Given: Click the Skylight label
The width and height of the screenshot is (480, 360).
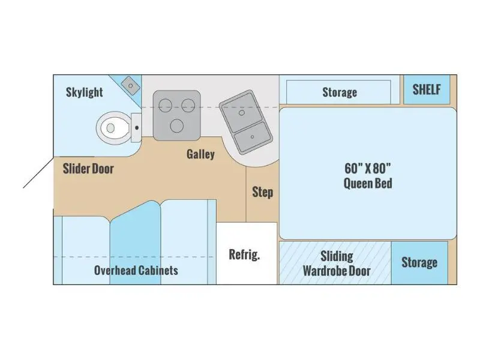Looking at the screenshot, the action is [x=85, y=92].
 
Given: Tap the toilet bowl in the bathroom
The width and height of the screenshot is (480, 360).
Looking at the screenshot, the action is [x=113, y=128].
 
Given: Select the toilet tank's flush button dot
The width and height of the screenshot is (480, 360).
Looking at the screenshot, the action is [x=137, y=128].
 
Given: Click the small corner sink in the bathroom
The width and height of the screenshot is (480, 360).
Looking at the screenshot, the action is [x=131, y=85].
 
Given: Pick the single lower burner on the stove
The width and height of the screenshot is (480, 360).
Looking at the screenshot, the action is [x=176, y=126].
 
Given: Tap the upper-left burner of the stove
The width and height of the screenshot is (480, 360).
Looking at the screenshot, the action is [x=166, y=106].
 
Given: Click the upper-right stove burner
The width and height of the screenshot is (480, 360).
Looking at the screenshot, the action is [x=188, y=106].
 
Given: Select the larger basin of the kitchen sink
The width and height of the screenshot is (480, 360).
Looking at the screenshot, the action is [x=242, y=112].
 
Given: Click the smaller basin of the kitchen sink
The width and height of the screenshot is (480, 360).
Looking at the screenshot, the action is [x=253, y=137].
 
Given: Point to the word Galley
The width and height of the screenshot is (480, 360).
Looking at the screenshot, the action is [x=200, y=154].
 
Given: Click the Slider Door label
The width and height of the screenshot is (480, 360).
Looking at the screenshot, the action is [x=88, y=169].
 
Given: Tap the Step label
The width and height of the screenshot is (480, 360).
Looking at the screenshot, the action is [x=263, y=192].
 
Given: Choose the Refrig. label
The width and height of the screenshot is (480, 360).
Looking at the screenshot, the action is [x=244, y=254].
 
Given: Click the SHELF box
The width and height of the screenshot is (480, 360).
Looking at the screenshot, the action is [x=427, y=89].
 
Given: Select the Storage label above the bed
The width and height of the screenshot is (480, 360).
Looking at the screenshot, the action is [x=340, y=92].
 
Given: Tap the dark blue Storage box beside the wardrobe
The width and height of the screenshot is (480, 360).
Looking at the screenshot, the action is [x=419, y=263].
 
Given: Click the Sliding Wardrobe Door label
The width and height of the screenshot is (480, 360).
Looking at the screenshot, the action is [x=337, y=263].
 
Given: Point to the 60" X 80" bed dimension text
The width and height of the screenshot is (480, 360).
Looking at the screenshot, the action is [x=368, y=169].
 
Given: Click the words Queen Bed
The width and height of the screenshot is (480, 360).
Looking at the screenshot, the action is [x=368, y=184].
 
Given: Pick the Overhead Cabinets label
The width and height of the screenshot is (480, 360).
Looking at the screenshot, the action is [x=136, y=271].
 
